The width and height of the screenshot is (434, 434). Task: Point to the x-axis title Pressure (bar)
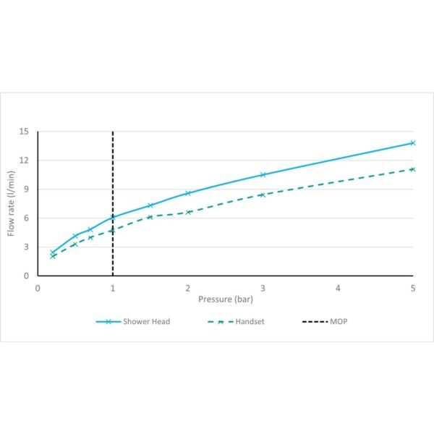(226, 298)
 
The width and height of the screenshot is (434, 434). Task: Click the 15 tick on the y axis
(24, 132)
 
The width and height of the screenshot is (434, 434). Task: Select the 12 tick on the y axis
(24, 161)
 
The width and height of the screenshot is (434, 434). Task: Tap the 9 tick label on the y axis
(26, 190)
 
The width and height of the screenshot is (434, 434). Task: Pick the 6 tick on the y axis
(26, 218)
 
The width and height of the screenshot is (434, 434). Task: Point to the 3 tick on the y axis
(26, 247)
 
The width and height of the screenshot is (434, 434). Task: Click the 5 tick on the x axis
(413, 287)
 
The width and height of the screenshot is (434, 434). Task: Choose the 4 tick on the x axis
(338, 287)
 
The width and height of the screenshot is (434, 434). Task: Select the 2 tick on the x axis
(188, 287)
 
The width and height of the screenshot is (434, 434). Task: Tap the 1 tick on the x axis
(113, 287)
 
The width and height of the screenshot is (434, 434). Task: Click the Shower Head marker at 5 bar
(413, 142)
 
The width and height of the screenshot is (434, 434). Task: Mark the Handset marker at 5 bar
(412, 169)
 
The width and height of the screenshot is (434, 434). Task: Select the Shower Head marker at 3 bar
(263, 174)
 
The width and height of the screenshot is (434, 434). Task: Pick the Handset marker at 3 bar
(263, 195)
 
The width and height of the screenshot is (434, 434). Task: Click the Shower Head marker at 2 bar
(188, 193)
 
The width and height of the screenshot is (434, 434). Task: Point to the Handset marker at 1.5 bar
(150, 217)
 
